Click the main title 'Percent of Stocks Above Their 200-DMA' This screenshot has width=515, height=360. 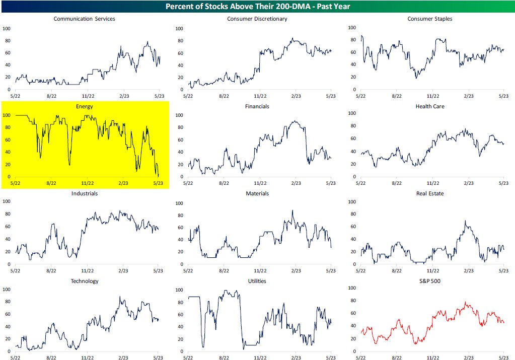(257, 7)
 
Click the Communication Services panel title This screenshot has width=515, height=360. (84, 19)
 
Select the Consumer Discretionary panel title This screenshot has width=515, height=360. (257, 19)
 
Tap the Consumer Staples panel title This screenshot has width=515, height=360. (429, 19)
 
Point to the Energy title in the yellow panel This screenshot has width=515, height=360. (84, 106)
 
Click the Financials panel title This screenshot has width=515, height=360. (257, 106)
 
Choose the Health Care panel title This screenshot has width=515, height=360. (429, 106)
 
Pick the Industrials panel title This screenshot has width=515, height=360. (84, 193)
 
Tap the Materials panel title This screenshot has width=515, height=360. (257, 193)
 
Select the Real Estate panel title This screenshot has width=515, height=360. (429, 193)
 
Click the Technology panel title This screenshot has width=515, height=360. (84, 281)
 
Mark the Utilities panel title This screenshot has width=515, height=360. (257, 281)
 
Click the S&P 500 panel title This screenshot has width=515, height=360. (429, 281)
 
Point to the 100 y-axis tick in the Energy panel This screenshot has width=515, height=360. (7, 115)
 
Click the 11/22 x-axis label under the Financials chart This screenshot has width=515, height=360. (260, 184)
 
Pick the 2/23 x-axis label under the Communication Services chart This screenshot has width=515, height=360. (123, 96)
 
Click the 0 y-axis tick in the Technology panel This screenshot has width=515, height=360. (9, 351)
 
